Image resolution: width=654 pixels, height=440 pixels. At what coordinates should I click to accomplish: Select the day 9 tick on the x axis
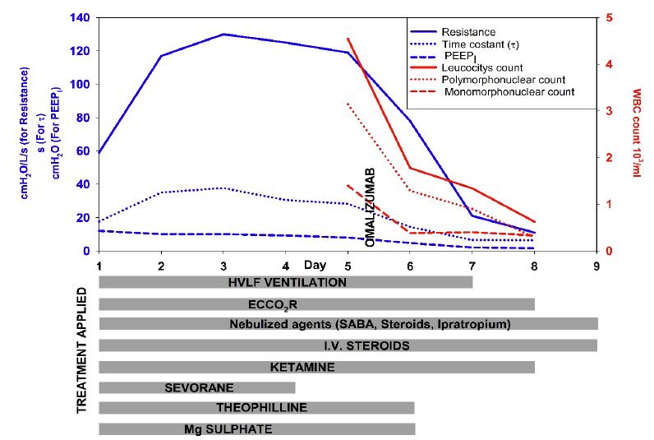[x=596, y=266]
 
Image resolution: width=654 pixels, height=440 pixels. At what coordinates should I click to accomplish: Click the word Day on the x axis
[x=314, y=265]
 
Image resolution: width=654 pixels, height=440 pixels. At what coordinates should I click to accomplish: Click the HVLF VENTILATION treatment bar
[x=286, y=282]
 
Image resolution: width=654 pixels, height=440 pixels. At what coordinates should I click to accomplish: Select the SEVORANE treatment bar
[x=197, y=387]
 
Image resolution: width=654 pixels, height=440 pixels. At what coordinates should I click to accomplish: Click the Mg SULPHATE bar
[x=256, y=428]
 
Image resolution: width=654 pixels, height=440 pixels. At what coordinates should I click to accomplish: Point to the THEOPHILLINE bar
[x=256, y=408]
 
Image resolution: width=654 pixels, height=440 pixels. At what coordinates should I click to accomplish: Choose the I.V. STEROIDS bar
[x=348, y=345]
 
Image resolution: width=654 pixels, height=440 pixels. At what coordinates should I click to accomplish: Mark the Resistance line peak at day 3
[x=223, y=35]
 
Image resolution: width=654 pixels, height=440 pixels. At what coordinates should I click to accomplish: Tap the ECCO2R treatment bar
[x=316, y=303]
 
